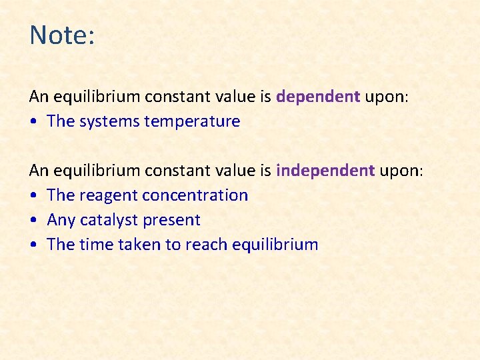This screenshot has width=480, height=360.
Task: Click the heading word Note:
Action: tap(63, 35)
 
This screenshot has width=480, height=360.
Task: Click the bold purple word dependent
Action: tap(318, 97)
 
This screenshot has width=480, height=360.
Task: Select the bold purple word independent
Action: tap(325, 171)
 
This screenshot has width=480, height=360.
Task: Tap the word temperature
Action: tap(198, 121)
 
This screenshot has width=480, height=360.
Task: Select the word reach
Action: tap(206, 245)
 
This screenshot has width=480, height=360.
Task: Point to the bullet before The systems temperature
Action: tap(34, 122)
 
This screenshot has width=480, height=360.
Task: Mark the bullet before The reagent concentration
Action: tap(34, 196)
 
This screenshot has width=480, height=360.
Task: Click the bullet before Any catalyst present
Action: tap(34, 221)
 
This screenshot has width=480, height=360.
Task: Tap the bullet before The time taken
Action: tap(34, 245)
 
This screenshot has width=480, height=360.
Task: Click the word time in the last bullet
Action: tap(97, 245)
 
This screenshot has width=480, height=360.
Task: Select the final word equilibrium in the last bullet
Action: tap(275, 245)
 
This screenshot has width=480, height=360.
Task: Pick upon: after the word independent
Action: tap(401, 171)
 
